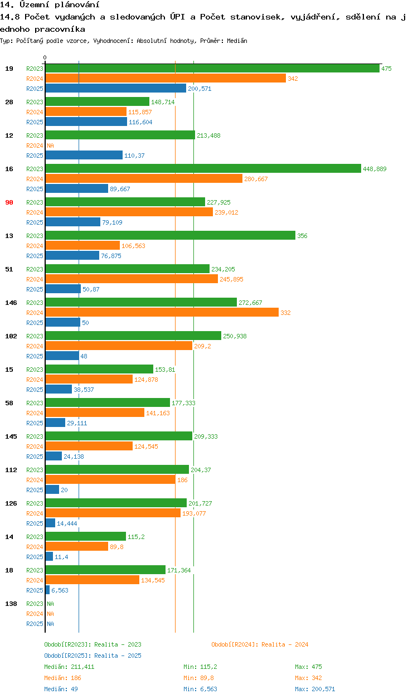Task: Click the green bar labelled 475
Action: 212,69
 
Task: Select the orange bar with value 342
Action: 166,79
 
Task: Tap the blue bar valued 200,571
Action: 115,89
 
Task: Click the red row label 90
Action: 9,202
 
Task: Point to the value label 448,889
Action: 374,169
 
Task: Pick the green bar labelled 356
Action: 170,236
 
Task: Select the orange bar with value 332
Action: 162,313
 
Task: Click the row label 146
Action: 11,303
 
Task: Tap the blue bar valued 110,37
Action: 84,156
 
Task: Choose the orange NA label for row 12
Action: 50,145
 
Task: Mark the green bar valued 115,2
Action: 85,537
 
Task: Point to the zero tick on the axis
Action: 45,57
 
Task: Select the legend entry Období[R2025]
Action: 68,656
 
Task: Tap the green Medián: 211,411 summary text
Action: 69,667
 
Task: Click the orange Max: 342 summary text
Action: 308,678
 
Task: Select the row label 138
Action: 11,604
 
